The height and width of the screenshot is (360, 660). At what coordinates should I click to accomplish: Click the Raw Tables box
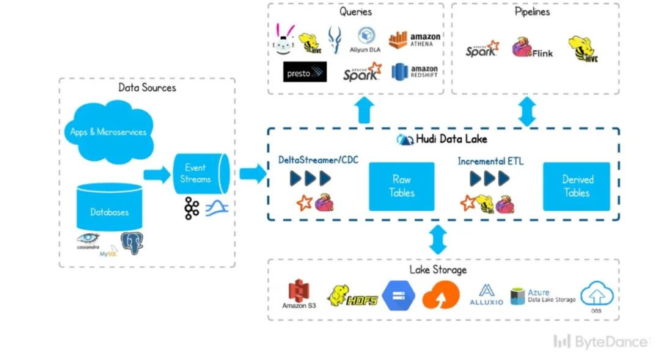(401, 186)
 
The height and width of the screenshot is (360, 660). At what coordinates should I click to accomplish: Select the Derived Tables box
(576, 186)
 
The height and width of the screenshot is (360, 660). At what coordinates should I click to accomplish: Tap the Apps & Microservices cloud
(109, 132)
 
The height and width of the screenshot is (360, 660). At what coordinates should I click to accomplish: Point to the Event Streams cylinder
(199, 174)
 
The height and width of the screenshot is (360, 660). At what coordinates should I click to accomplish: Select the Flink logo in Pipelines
(532, 49)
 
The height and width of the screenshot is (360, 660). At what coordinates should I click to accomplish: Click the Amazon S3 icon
(298, 295)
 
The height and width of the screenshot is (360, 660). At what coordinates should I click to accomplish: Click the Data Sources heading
(147, 88)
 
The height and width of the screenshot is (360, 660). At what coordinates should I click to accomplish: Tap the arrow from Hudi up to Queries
(364, 110)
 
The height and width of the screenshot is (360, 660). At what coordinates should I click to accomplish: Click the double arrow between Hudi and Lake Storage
(438, 239)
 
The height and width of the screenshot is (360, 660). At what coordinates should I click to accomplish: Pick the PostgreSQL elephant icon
(132, 241)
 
